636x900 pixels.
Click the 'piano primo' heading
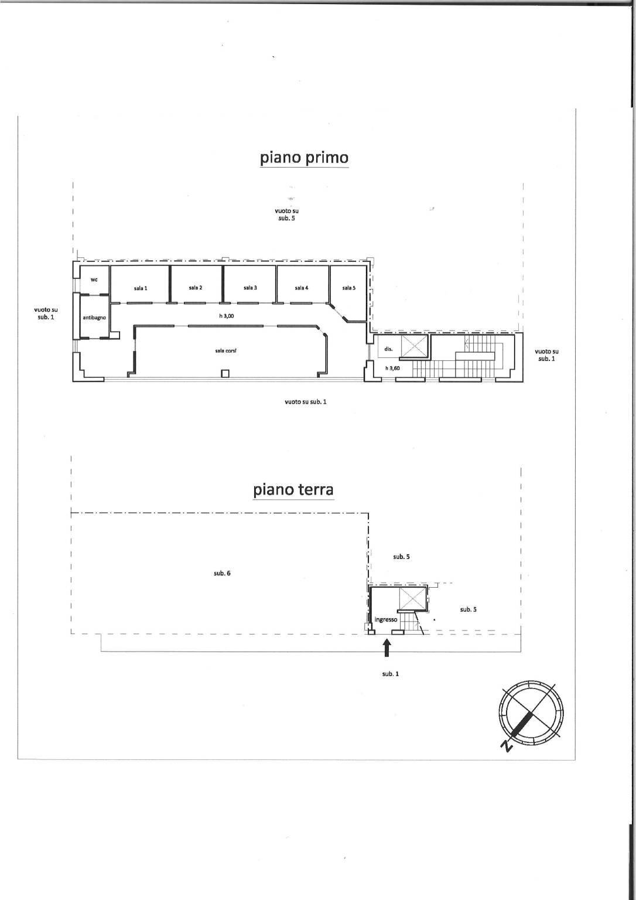(304, 158)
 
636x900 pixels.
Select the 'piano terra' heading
(293, 490)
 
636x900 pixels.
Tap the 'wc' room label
(94, 279)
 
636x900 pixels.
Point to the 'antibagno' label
(94, 318)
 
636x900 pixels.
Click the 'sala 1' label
(141, 288)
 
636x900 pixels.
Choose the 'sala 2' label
(196, 288)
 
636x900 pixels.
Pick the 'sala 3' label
(250, 288)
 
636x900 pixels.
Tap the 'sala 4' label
(302, 288)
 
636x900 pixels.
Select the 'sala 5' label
(349, 288)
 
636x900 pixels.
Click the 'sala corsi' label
(225, 351)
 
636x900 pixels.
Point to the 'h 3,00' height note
(227, 316)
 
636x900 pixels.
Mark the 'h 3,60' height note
(392, 368)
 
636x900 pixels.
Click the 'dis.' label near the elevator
(388, 349)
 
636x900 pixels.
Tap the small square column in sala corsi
(225, 374)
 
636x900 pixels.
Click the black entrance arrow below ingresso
(387, 648)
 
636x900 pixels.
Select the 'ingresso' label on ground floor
(386, 619)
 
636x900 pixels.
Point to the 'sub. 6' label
(222, 574)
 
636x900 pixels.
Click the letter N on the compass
(508, 746)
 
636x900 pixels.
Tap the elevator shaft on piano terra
(412, 598)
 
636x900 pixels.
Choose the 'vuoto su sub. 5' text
(287, 214)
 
